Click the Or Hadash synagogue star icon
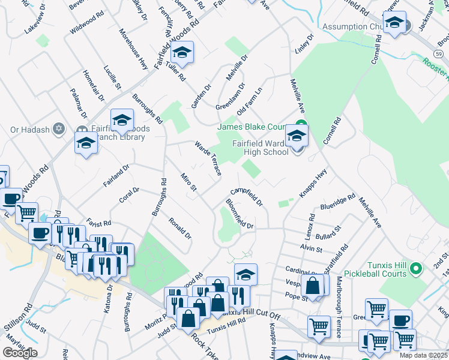[x=59, y=129]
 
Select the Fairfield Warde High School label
[x=260, y=147]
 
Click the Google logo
[x=20, y=353]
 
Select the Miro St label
[x=188, y=182]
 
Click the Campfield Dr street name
[x=247, y=196]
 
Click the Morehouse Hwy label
[x=133, y=49]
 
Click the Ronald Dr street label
[x=179, y=228]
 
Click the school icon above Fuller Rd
[x=182, y=53]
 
